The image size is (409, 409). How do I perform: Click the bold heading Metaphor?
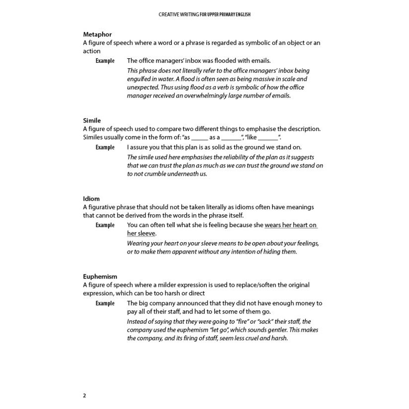click(97, 34)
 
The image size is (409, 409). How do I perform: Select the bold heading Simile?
click(92, 121)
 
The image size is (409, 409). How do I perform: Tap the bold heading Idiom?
click(91, 198)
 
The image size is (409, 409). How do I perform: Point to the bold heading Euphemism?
click(100, 276)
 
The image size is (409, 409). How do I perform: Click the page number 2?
click(84, 396)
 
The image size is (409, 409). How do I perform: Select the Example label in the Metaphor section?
click(105, 61)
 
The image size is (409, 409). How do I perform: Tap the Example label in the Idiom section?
click(105, 225)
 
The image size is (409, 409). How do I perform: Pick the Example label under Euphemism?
click(105, 303)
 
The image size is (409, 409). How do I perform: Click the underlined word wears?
click(273, 225)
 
